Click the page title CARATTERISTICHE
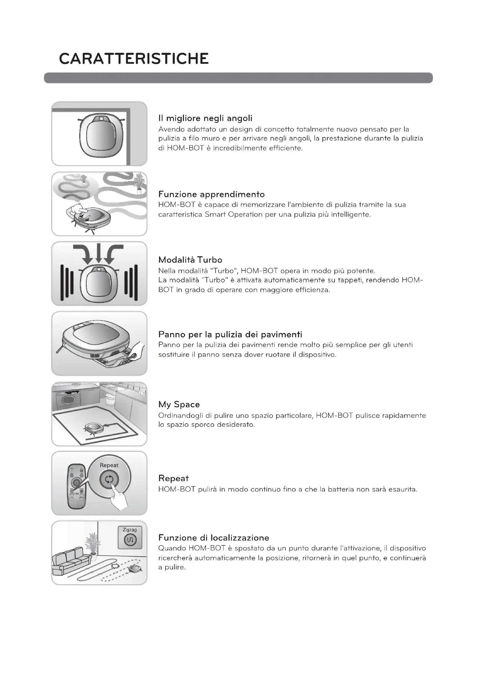click(x=134, y=59)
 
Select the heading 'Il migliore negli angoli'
click(x=205, y=119)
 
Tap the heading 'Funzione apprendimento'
click(x=211, y=194)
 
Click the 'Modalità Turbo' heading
click(x=190, y=260)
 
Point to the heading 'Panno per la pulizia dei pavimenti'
click(x=230, y=334)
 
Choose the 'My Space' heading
click(x=179, y=405)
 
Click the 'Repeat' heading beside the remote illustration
click(x=173, y=478)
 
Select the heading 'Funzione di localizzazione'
click(x=213, y=538)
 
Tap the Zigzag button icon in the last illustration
click(x=130, y=540)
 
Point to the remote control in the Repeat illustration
click(x=76, y=487)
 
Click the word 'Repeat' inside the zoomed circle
click(x=109, y=465)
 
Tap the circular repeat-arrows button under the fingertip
click(x=109, y=480)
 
